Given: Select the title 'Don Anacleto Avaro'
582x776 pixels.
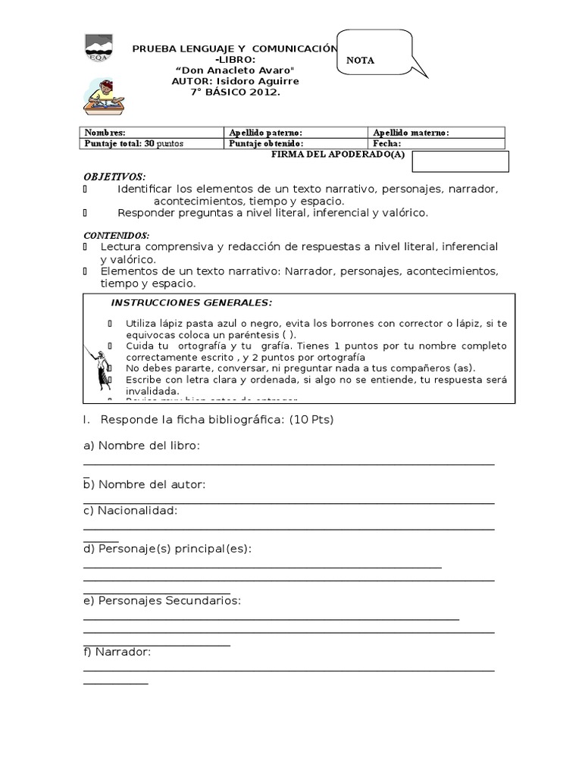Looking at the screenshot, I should click(234, 70).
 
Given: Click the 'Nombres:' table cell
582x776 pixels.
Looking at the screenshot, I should click(152, 133).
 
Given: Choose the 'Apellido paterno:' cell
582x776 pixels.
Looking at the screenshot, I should click(296, 133).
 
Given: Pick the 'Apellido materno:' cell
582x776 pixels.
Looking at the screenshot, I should click(436, 133).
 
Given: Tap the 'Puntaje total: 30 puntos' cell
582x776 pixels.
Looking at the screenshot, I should click(152, 143).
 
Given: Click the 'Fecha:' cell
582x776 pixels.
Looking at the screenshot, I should click(436, 143).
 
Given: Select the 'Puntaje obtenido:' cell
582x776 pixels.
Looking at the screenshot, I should click(296, 143).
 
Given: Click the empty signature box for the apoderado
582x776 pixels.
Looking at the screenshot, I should click(461, 162).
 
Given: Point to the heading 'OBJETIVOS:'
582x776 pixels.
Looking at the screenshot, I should click(114, 176).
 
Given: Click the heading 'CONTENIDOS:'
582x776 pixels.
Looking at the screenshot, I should click(117, 236).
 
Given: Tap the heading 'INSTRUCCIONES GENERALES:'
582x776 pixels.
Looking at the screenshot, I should click(191, 302).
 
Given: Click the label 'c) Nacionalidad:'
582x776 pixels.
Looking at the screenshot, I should click(130, 510).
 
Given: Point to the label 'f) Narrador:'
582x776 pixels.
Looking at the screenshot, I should click(117, 651).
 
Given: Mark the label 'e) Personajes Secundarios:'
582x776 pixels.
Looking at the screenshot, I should click(162, 600).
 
